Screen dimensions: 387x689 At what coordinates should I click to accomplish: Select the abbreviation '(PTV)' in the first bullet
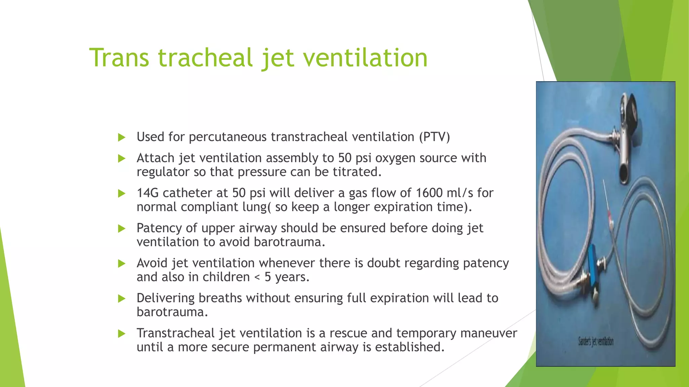434,137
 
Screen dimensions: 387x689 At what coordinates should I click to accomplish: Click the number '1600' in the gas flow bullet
429,193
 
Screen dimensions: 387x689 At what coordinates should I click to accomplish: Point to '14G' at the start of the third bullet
147,193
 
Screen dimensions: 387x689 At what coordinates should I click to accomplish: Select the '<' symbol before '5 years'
257,277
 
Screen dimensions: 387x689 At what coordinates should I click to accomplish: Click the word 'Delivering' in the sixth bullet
165,298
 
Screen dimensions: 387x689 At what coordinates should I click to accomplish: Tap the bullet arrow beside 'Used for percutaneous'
122,137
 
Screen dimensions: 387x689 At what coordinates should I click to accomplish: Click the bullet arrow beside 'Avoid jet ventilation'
122,264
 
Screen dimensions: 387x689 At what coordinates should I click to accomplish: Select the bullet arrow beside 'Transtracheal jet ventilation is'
122,334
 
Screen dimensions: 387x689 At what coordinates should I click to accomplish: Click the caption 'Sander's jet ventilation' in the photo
596,342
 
